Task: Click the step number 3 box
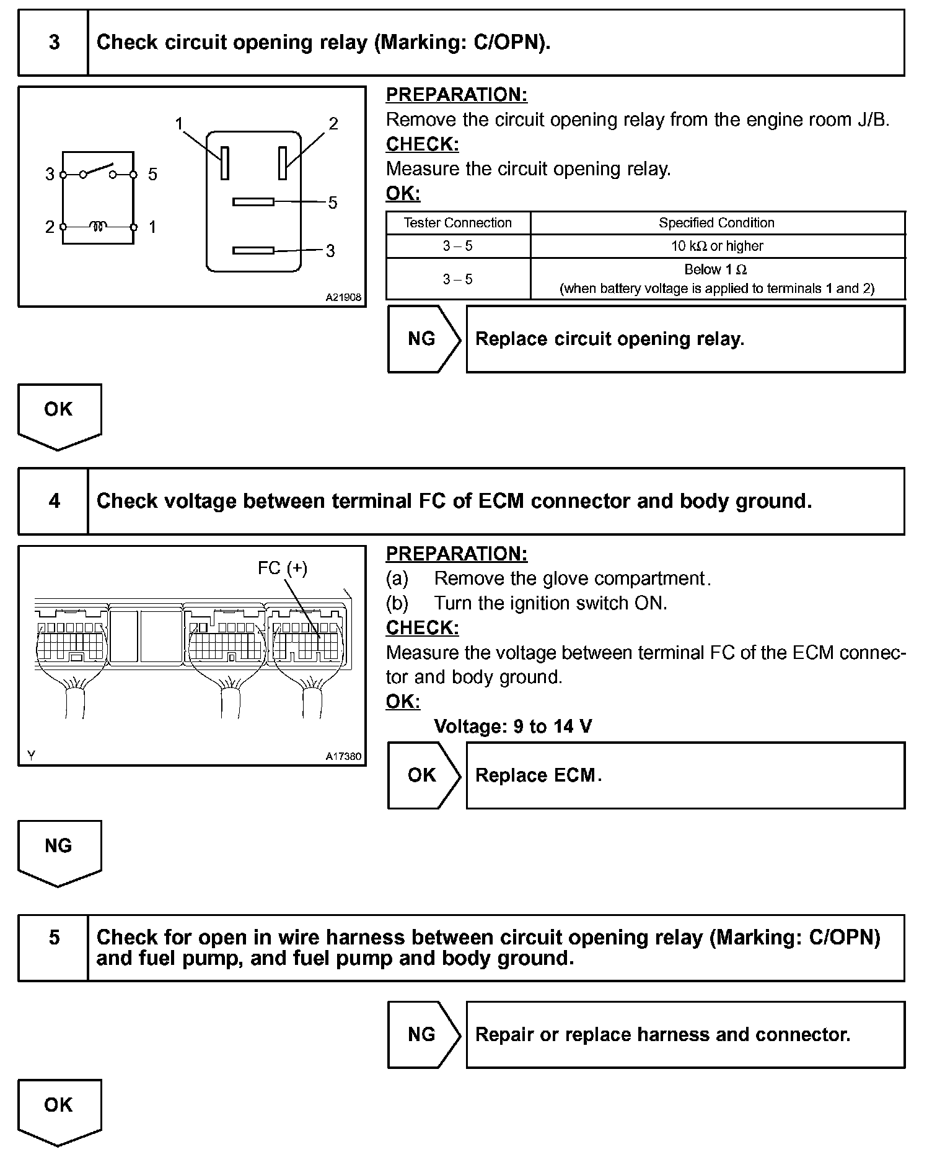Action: click(53, 43)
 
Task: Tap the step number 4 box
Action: click(53, 501)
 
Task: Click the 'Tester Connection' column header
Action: click(458, 223)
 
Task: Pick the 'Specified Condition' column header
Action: click(717, 223)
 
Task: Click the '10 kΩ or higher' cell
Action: click(717, 246)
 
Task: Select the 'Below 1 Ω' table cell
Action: click(717, 279)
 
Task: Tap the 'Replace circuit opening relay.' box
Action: click(685, 339)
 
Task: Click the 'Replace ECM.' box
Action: click(685, 775)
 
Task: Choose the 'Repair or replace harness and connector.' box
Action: click(685, 1035)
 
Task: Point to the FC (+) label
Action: click(283, 568)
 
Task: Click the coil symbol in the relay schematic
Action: click(98, 227)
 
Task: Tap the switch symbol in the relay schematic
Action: click(98, 171)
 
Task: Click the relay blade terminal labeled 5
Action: click(253, 202)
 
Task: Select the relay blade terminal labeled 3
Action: click(253, 250)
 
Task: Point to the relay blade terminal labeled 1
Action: click(225, 163)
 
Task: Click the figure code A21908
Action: click(343, 298)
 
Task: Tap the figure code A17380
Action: click(343, 756)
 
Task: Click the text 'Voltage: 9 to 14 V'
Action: click(512, 726)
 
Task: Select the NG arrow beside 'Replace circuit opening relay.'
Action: click(423, 339)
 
